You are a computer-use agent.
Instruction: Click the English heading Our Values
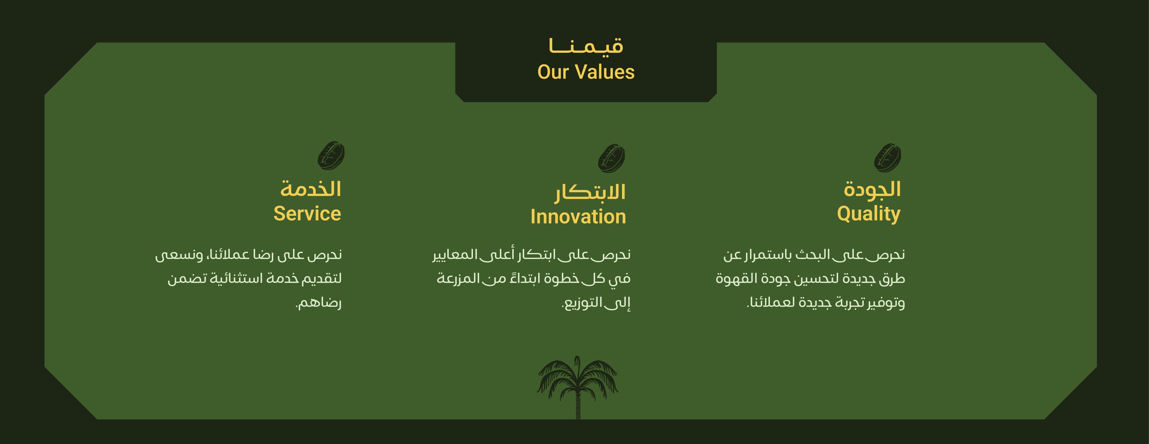(586, 72)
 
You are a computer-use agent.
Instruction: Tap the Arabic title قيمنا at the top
(586, 46)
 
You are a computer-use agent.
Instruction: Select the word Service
(307, 213)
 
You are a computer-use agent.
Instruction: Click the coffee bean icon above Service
(331, 155)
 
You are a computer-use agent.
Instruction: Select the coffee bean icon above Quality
(888, 158)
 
